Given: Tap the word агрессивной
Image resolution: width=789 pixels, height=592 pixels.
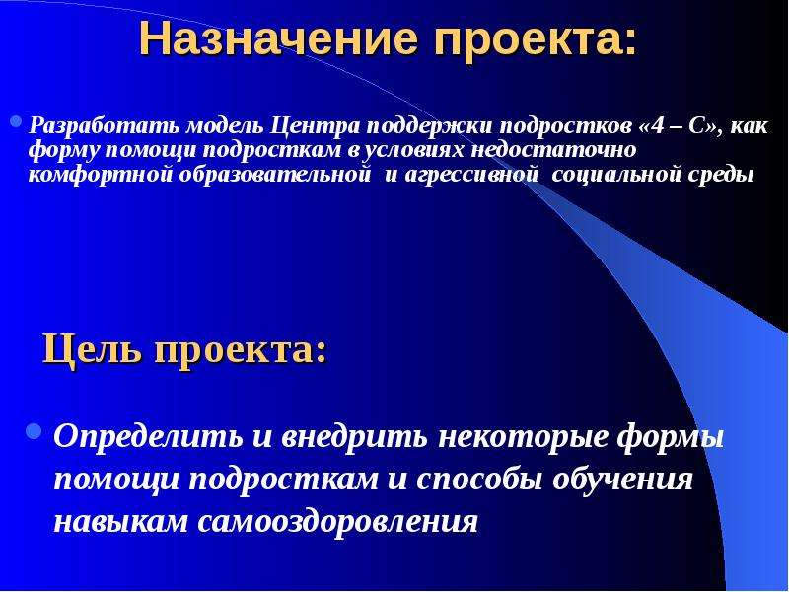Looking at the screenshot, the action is (x=467, y=175).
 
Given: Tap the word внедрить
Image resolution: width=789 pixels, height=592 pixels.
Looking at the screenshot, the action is (x=354, y=436).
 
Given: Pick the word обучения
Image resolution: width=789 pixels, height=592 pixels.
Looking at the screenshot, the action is (x=623, y=480).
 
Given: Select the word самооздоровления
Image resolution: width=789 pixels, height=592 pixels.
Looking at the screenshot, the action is (x=337, y=523).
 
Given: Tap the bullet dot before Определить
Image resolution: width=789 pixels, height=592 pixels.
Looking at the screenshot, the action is (x=34, y=431).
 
